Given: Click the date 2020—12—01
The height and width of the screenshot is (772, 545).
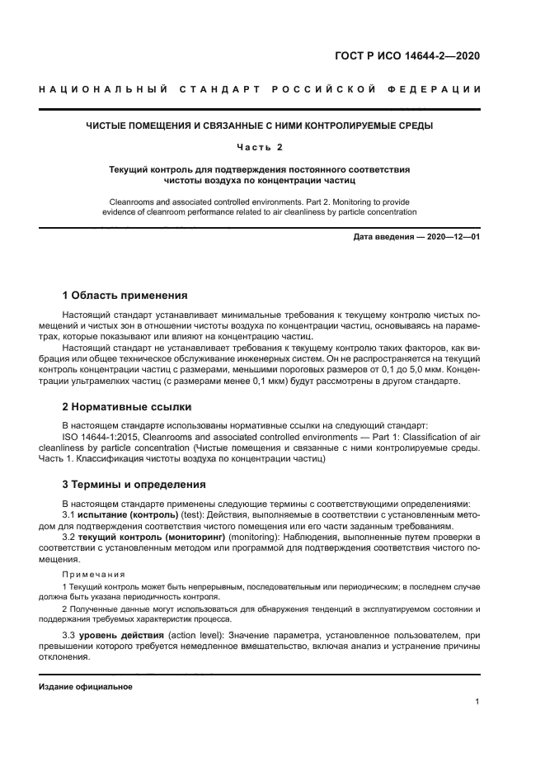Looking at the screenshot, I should coord(451,238).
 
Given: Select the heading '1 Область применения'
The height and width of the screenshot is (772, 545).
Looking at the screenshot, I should coord(125,296).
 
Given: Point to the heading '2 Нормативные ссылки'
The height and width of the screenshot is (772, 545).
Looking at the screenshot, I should coord(127,407).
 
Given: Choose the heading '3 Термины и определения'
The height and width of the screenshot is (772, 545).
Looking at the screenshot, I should coord(134,485).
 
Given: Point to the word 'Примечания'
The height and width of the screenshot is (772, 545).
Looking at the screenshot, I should coord(94,574).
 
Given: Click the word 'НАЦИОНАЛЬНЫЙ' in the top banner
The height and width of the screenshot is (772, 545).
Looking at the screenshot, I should coord(89,88).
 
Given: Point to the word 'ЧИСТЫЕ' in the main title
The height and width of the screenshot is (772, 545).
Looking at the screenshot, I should coord(108,126).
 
